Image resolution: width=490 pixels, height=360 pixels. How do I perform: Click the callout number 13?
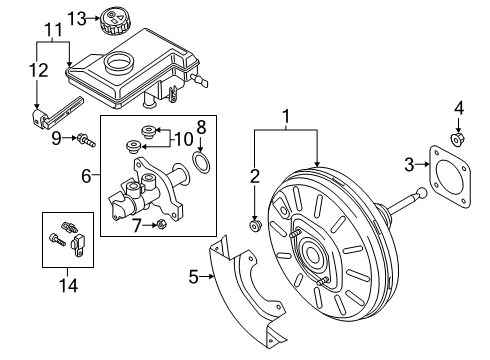tap(77, 18)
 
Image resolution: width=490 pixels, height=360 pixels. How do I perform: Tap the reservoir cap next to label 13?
tap(114, 21)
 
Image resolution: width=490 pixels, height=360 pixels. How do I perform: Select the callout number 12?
tap(39, 70)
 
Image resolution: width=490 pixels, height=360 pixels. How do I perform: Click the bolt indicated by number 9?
tap(86, 140)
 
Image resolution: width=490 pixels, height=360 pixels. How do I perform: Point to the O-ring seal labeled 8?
tap(201, 162)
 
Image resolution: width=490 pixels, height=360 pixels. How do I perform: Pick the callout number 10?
tap(184, 139)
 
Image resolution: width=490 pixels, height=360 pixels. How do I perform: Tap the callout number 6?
tap(86, 176)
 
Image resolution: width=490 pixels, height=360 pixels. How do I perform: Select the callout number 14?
tap(68, 286)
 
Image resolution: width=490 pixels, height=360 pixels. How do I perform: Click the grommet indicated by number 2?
tap(256, 226)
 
